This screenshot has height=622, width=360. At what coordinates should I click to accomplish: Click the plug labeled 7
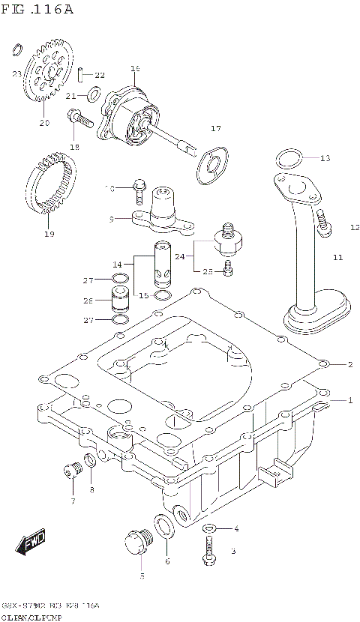tap(72, 471)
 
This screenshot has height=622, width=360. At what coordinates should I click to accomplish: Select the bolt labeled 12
tap(323, 223)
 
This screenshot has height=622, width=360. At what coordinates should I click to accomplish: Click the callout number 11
tap(337, 257)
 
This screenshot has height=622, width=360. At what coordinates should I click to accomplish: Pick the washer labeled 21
tap(94, 94)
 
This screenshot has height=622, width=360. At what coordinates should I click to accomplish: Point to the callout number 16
tap(136, 68)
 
